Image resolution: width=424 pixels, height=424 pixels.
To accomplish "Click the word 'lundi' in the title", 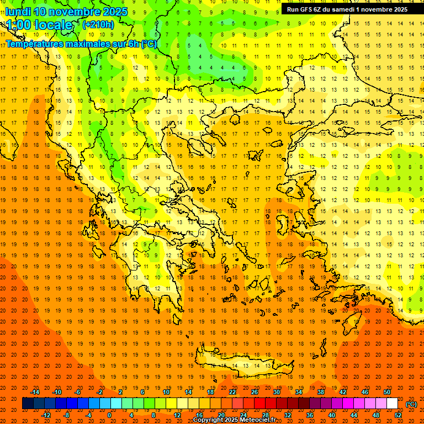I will pos(18,12).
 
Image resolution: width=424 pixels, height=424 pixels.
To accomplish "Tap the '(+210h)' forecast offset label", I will pos(98,24).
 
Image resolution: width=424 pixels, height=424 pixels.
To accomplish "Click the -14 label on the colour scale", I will pos(35,392).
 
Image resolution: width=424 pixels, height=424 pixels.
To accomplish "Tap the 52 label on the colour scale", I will pos(398,415).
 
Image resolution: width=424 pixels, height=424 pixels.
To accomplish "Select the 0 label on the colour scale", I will pos(109,415).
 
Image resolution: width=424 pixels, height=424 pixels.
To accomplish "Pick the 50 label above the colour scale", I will pos(386,392).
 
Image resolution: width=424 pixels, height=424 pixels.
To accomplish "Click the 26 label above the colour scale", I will pos(255,392).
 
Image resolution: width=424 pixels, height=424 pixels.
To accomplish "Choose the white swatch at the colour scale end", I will pos(392,404).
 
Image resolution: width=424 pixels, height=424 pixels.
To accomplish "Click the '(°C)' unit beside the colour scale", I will pos(411,404).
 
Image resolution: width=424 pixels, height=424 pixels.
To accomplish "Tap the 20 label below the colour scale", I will pos(221,415).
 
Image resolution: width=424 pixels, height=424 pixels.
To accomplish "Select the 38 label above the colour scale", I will pos(321,392).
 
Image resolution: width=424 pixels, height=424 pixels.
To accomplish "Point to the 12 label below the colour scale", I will pos(177,415).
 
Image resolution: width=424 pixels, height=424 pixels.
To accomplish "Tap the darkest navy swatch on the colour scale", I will pos(27,404).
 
